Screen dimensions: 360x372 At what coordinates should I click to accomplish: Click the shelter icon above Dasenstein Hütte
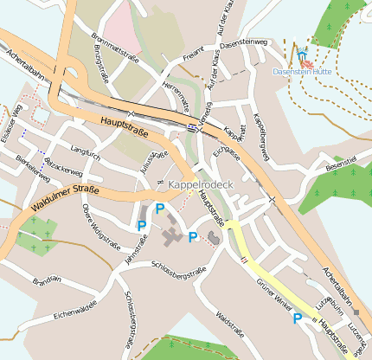point(301,55)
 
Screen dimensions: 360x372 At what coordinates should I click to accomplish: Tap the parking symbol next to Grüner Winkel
point(298,318)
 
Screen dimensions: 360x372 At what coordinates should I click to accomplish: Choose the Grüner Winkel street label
point(275,292)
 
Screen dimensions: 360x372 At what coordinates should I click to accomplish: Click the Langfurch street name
point(85,152)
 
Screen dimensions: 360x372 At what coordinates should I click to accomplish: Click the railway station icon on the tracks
point(190,127)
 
